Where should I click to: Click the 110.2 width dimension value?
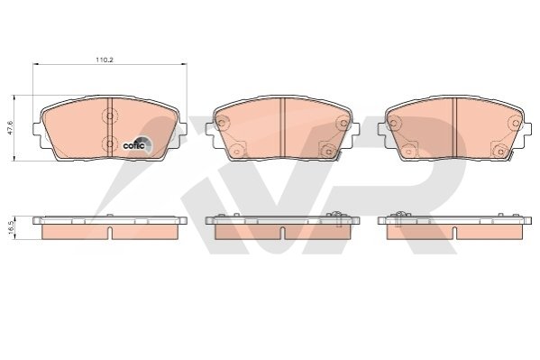click(x=105, y=60)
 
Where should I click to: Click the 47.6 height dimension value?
click(x=10, y=127)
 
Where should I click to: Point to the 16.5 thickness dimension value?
click(x=10, y=227)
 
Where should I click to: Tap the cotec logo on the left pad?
click(x=137, y=144)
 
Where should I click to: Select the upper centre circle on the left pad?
click(x=110, y=115)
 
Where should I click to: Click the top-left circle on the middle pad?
click(x=222, y=122)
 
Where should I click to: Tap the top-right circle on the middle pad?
click(x=343, y=123)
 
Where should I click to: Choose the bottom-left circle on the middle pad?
click(x=236, y=151)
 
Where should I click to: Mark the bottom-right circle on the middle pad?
click(x=328, y=151)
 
